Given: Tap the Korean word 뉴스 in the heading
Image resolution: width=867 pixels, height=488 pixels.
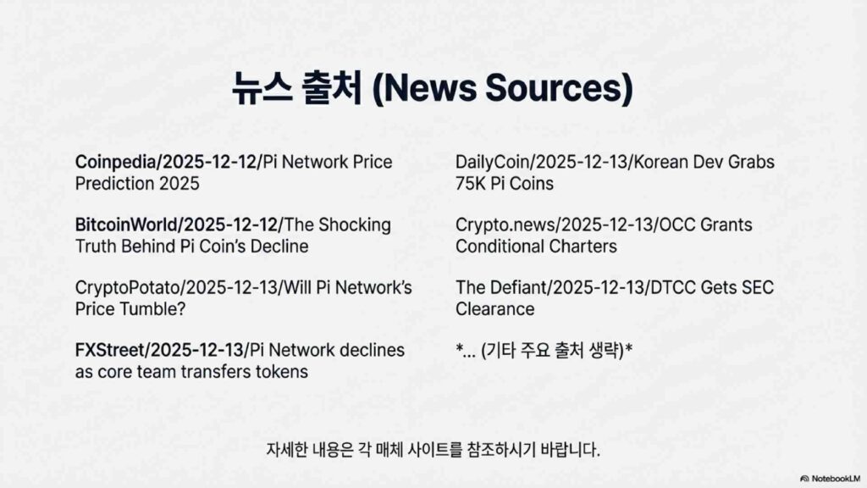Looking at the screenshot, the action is coord(262,87).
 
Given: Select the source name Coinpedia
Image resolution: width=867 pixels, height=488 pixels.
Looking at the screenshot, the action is coord(115,162).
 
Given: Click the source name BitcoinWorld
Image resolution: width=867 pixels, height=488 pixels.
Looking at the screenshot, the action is coord(126,225).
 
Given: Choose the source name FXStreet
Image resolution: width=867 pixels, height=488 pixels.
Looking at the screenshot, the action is coord(109,350).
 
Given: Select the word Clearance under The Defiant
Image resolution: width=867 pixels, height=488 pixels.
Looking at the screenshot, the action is coord(494,308).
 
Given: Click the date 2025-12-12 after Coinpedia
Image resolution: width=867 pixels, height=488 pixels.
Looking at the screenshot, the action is coord(210,162).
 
